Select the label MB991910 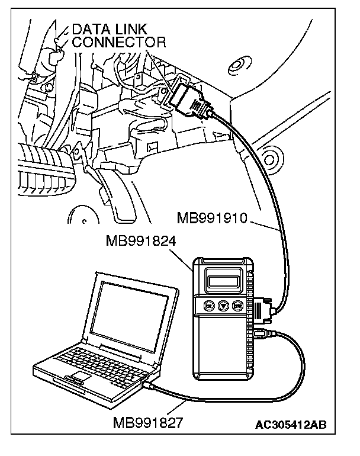pos(212,219)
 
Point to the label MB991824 pos(141,242)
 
